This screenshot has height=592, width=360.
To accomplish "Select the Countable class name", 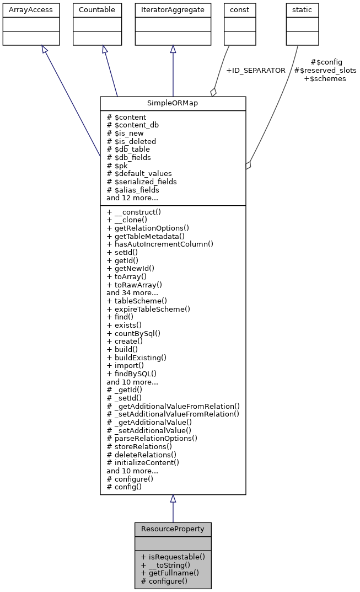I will point(97,10).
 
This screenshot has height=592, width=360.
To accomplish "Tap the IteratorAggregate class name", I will point(173,10).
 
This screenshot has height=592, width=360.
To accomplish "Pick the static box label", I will point(302,10).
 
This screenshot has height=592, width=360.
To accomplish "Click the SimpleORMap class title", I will point(173,104).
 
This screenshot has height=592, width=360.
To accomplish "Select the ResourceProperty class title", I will point(173,529).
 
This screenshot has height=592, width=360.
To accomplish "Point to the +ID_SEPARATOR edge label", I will point(256,71).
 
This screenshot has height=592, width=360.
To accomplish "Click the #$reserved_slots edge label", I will point(325,71).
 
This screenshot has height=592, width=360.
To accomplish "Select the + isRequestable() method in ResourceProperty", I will point(173,557).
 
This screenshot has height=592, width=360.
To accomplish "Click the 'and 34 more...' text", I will point(132,292).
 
